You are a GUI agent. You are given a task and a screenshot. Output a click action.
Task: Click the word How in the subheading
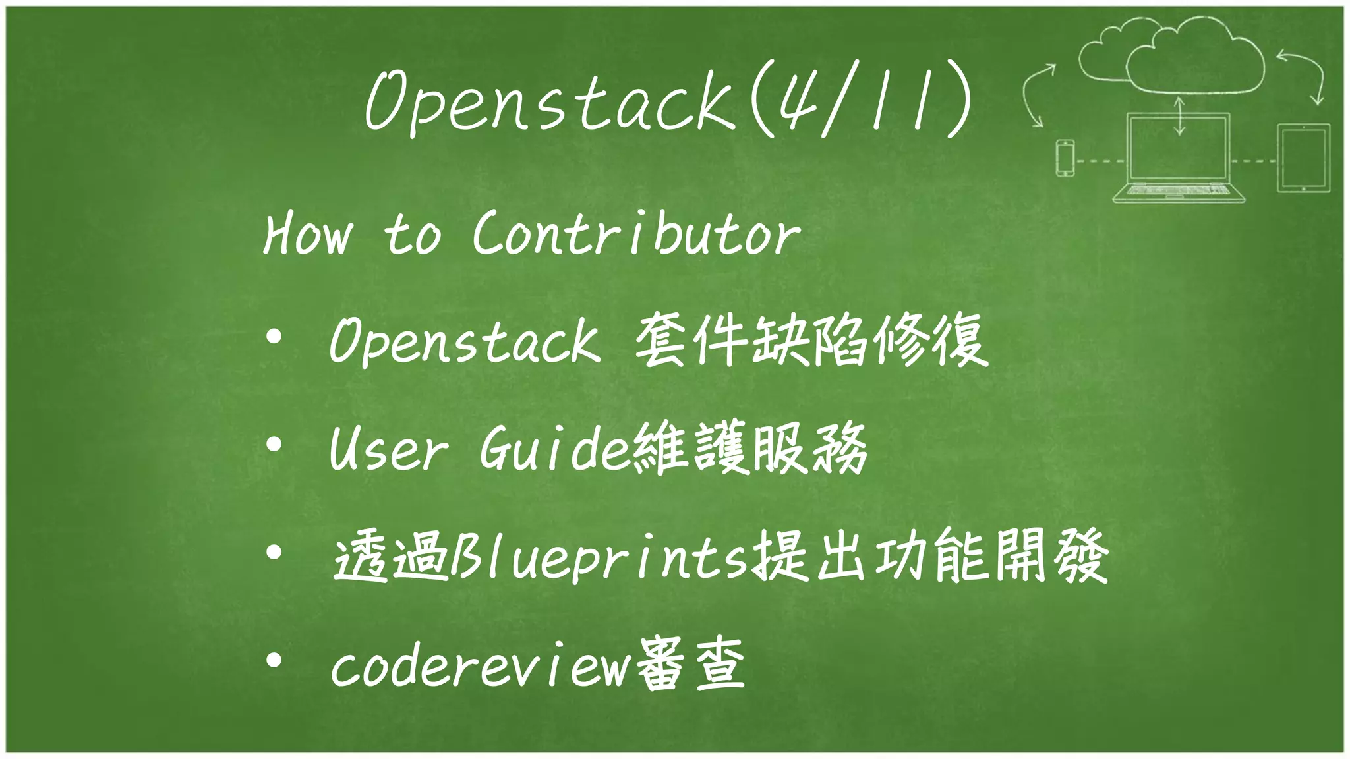point(307,234)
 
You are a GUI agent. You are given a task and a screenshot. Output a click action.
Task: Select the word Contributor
point(636,234)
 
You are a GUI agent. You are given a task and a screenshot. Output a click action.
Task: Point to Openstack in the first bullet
point(465,341)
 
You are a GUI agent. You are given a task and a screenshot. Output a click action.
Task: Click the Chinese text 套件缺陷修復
point(811,340)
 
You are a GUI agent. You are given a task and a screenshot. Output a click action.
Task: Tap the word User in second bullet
point(389,449)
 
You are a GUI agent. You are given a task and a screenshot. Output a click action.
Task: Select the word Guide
point(555,449)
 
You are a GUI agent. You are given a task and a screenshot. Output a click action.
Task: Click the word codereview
point(480,667)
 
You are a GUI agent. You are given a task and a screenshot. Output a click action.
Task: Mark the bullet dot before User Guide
point(274,444)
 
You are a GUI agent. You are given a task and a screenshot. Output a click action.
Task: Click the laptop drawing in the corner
point(1178,158)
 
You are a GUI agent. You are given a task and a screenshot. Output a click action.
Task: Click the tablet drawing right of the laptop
point(1303,158)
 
